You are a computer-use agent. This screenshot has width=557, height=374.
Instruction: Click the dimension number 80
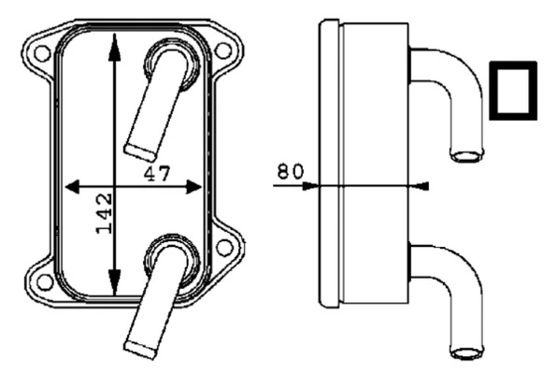(291, 172)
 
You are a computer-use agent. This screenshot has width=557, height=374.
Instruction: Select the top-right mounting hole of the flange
(224, 50)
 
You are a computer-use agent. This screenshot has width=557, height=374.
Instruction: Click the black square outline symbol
(513, 91)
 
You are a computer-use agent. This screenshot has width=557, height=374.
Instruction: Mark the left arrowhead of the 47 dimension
(73, 186)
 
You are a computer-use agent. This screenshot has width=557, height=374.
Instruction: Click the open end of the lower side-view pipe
(466, 352)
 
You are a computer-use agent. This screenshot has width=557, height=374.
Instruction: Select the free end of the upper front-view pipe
(139, 149)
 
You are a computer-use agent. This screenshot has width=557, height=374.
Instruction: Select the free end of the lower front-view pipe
(139, 347)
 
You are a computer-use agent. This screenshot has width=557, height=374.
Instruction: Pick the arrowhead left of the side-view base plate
(312, 185)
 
